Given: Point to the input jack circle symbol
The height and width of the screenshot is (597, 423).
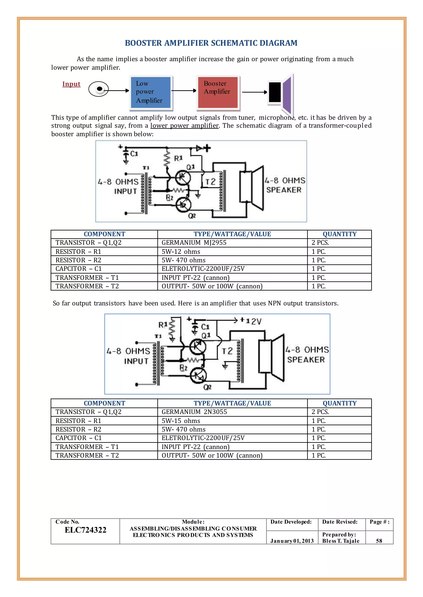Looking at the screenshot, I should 99,89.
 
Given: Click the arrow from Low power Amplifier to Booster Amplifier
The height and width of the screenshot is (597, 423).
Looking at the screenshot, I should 184,90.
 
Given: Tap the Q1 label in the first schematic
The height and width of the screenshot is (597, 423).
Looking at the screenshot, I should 190,167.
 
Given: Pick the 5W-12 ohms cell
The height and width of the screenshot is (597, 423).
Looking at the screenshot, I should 181,251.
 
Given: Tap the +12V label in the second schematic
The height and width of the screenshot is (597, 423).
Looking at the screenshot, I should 250,321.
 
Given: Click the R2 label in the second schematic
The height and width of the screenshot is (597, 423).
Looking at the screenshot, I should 183,368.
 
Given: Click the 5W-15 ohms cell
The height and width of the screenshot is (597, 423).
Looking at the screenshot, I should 181,421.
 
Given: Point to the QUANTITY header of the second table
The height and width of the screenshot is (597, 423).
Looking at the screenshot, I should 339,403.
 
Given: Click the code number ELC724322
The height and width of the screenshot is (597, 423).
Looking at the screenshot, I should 86,530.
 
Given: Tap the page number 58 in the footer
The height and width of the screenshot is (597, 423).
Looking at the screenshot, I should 379,541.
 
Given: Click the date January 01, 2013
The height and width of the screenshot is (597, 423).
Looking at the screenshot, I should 292,541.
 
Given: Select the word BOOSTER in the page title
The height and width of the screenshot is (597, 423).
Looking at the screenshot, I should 143,43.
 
